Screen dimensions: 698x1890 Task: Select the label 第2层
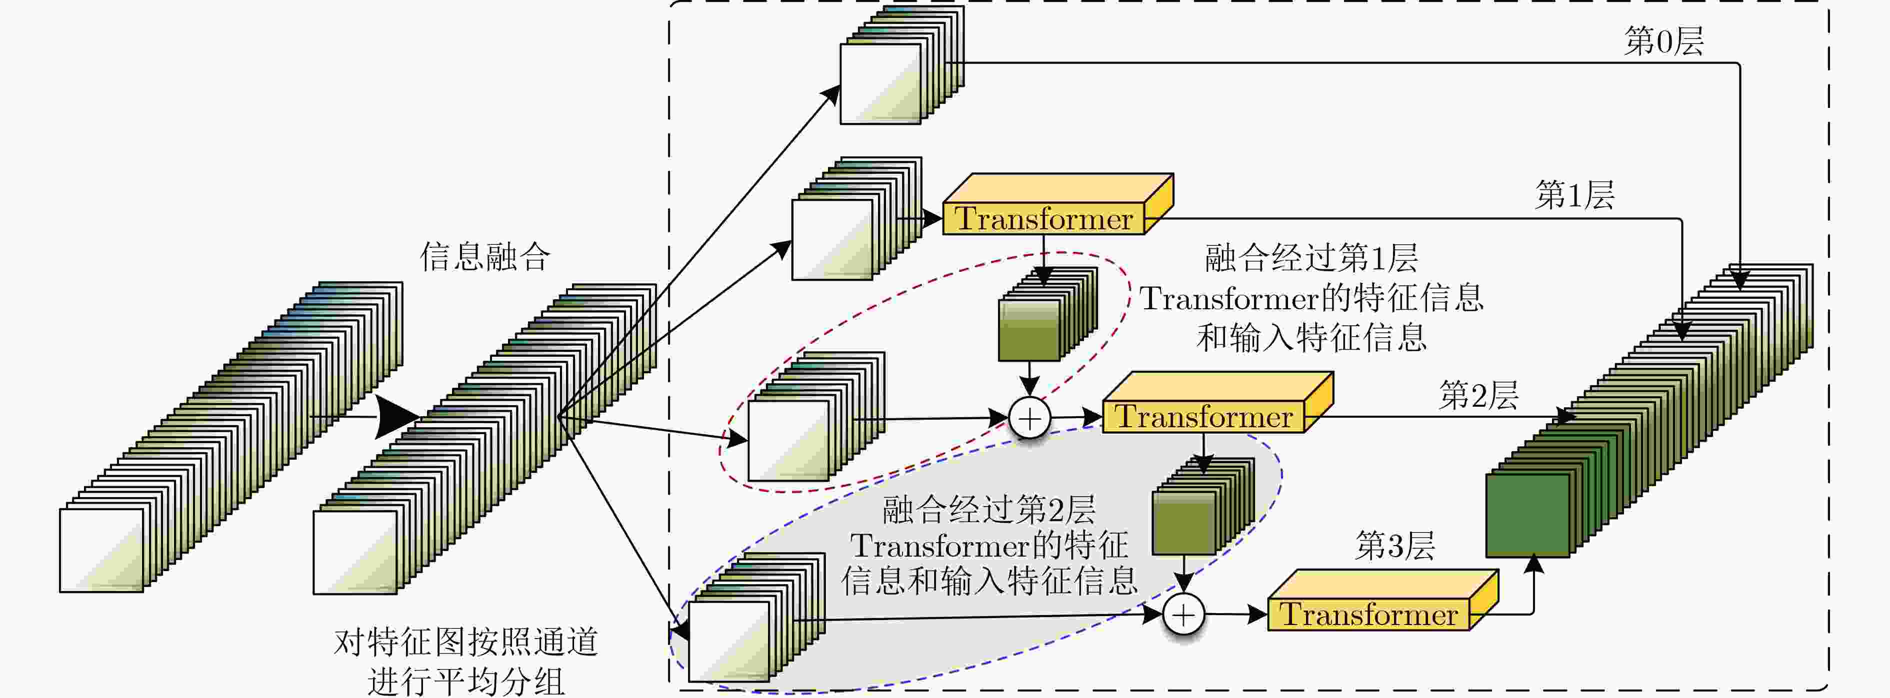[x=1478, y=396]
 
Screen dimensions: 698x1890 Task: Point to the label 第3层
[x=1394, y=546]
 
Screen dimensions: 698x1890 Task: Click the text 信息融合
[x=484, y=257]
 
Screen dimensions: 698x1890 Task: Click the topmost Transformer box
[x=1043, y=218]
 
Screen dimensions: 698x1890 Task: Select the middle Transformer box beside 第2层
[x=1203, y=417]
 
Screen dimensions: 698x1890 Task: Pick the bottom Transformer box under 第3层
[x=1368, y=615]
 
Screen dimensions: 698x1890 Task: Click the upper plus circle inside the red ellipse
[x=1030, y=419]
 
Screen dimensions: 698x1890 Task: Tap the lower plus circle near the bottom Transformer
[x=1183, y=615]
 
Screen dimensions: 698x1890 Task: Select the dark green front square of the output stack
[x=1527, y=516]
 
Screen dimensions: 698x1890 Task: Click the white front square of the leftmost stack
[x=101, y=550]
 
